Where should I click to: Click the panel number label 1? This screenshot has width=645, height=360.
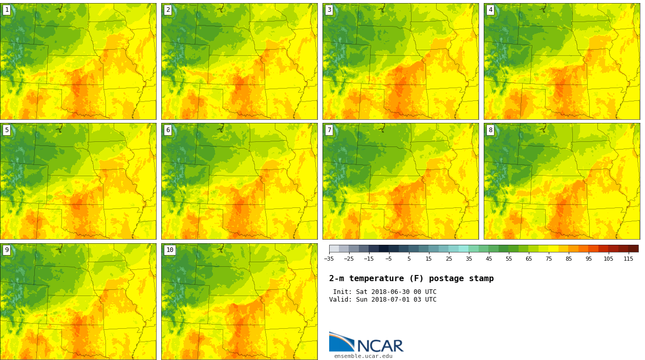point(7,10)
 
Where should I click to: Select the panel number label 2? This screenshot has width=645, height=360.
point(168,10)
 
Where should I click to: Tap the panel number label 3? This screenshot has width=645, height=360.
point(329,10)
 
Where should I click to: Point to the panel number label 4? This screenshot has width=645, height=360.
point(490,10)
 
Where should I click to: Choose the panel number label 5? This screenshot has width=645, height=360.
point(7,130)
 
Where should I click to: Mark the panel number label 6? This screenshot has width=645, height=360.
point(168,130)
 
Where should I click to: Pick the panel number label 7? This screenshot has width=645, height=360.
point(329,130)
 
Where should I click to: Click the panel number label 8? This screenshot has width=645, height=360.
point(490,130)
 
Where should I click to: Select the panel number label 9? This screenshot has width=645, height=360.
point(7,250)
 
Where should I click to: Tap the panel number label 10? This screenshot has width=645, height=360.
point(169,250)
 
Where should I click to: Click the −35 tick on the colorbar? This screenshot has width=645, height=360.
point(329,259)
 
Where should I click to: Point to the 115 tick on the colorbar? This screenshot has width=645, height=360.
point(628,259)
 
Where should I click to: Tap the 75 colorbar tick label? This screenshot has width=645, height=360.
point(549,259)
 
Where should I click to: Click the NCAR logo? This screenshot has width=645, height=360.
point(366,343)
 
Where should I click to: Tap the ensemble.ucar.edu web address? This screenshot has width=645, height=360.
point(363,356)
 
